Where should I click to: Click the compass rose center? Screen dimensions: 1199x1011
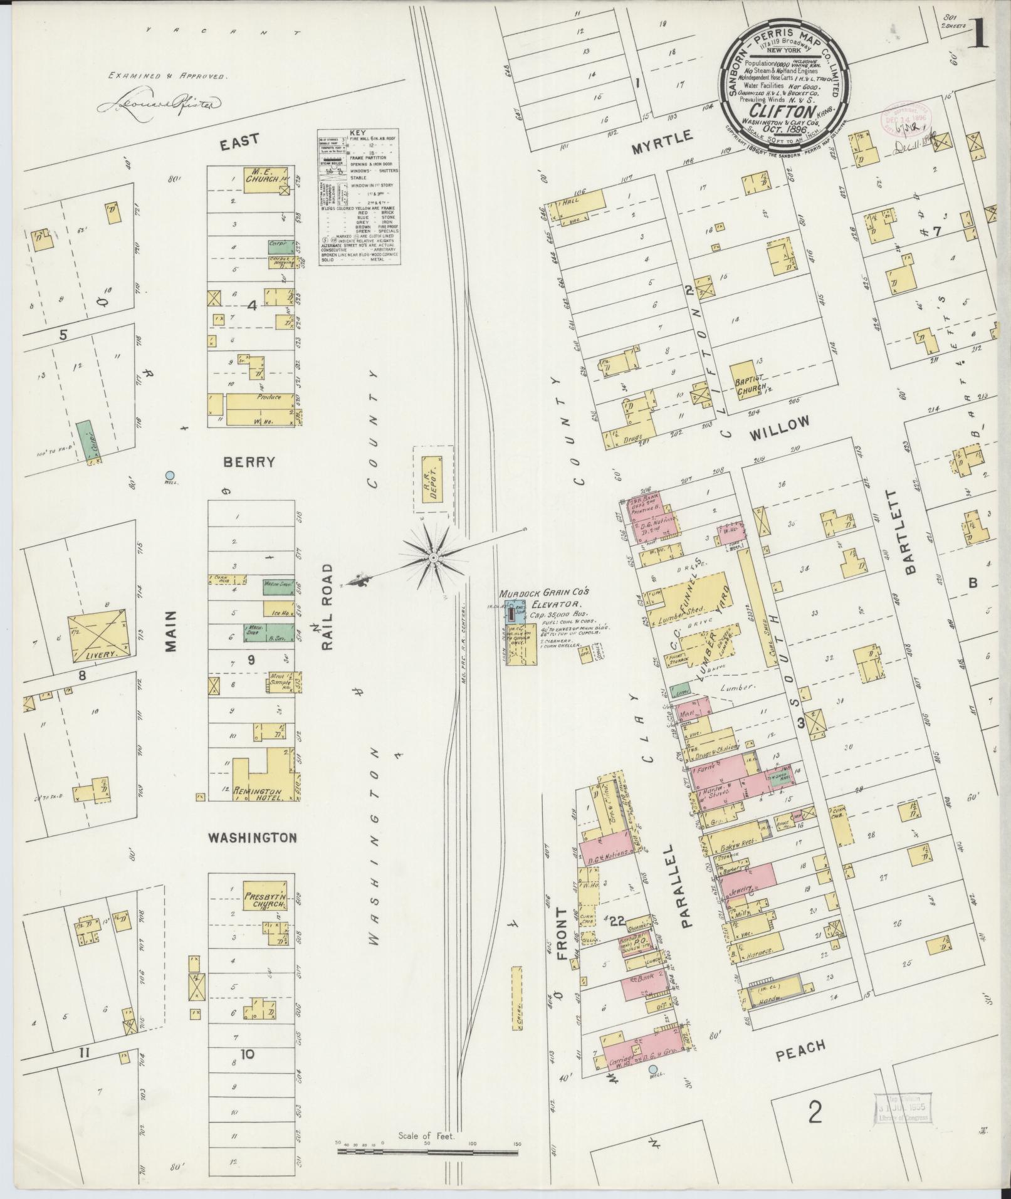pyautogui.click(x=433, y=557)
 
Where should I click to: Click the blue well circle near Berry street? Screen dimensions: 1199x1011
pyautogui.click(x=169, y=475)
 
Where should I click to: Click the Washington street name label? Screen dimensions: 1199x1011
pyautogui.click(x=252, y=837)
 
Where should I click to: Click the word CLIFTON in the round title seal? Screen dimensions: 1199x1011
pyautogui.click(x=782, y=106)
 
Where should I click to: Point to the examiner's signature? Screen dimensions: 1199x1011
pyautogui.click(x=159, y=103)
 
